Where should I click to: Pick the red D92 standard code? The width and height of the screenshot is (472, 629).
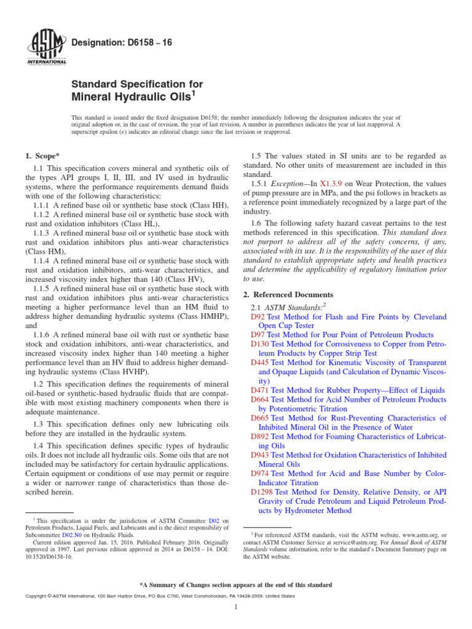pyautogui.click(x=258, y=317)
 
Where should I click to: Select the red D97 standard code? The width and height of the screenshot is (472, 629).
pyautogui.click(x=258, y=335)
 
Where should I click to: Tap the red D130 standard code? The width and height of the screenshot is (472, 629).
pyautogui.click(x=260, y=345)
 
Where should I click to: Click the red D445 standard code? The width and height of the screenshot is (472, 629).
pyautogui.click(x=260, y=362)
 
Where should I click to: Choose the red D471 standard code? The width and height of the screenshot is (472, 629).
pyautogui.click(x=260, y=389)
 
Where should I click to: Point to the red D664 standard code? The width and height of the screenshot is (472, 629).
pyautogui.click(x=260, y=399)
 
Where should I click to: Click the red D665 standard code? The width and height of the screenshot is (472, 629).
pyautogui.click(x=260, y=418)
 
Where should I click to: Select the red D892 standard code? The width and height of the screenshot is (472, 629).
pyautogui.click(x=260, y=436)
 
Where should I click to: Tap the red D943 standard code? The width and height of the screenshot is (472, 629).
pyautogui.click(x=260, y=455)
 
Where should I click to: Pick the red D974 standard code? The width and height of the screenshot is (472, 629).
pyautogui.click(x=260, y=474)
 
